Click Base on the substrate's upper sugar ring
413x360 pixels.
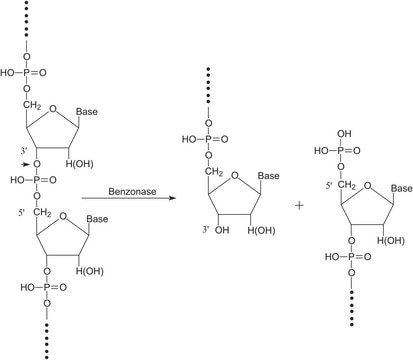(x=112, y=114)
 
